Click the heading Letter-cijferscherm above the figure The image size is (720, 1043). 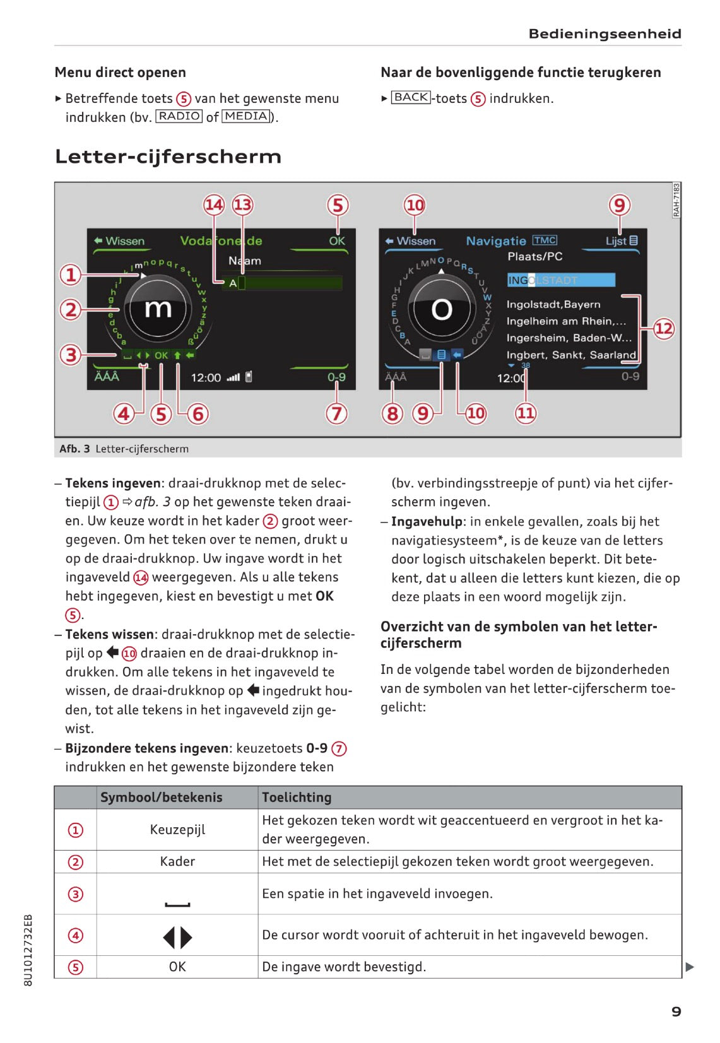(168, 156)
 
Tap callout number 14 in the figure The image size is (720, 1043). (214, 204)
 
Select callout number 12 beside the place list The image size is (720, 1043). (663, 329)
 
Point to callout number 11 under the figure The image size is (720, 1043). (526, 413)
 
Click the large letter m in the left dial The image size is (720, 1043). (158, 309)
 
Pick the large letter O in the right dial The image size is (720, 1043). (442, 309)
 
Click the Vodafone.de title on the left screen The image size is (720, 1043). (221, 241)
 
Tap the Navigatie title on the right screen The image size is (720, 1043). (496, 241)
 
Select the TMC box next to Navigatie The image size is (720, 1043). (545, 240)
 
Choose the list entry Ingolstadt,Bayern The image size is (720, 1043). (553, 305)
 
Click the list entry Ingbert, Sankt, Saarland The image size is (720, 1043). (571, 355)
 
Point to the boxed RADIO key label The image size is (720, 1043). (179, 116)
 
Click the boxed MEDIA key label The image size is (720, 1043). (246, 116)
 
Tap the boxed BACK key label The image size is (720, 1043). (411, 97)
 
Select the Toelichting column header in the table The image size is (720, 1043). (297, 798)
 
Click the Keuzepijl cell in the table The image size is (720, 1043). (177, 830)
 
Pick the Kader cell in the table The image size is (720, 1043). (177, 862)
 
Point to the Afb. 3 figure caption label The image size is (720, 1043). (74, 449)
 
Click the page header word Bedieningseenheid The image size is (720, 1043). (605, 34)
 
